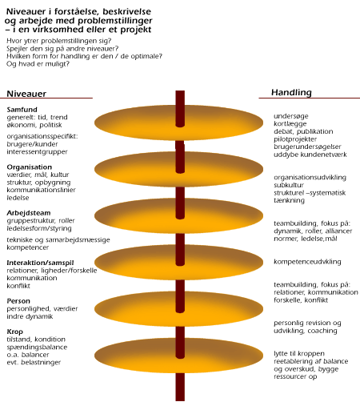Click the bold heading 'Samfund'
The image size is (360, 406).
click(x=22, y=110)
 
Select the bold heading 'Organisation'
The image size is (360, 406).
click(x=30, y=167)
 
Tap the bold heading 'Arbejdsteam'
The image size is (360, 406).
click(x=29, y=213)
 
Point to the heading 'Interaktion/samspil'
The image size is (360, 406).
click(x=40, y=263)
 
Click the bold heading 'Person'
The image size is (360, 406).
click(x=18, y=301)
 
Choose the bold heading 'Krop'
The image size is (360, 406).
click(x=15, y=332)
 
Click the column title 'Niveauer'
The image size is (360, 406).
click(x=26, y=94)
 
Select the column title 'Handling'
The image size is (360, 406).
click(x=291, y=92)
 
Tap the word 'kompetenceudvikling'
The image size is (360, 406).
click(x=307, y=262)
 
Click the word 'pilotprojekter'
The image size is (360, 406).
click(x=295, y=139)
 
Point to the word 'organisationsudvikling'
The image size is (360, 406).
click(x=310, y=178)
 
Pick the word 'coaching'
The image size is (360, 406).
click(x=322, y=331)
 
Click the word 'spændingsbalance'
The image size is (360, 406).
click(x=37, y=347)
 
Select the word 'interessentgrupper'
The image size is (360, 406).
click(x=37, y=152)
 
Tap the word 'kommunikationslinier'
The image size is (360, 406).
click(x=42, y=190)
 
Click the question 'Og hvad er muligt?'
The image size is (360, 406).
click(x=38, y=64)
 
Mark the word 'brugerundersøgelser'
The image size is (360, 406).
click(x=307, y=147)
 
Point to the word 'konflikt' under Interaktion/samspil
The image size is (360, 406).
click(x=18, y=286)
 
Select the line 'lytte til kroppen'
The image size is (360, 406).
click(x=299, y=354)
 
